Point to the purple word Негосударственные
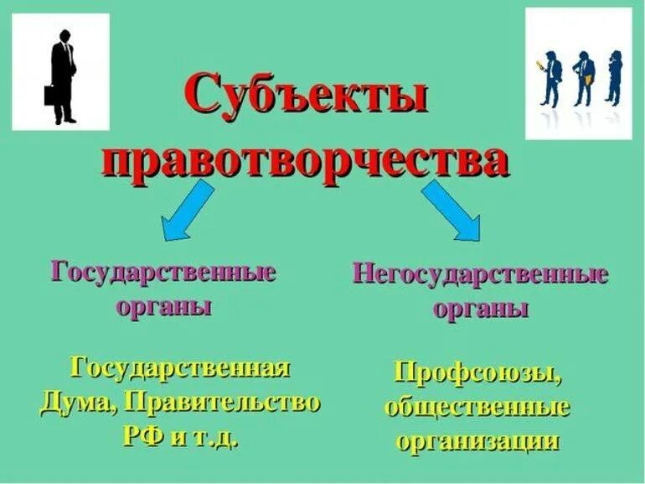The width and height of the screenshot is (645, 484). coord(480,274)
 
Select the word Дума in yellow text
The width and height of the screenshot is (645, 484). coord(76,403)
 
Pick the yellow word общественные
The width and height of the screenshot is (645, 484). coord(477,408)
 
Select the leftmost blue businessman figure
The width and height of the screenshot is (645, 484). coord(552,80)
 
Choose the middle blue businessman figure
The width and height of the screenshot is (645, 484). coord(584,80)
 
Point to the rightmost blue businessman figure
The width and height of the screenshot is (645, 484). coord(614,78)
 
